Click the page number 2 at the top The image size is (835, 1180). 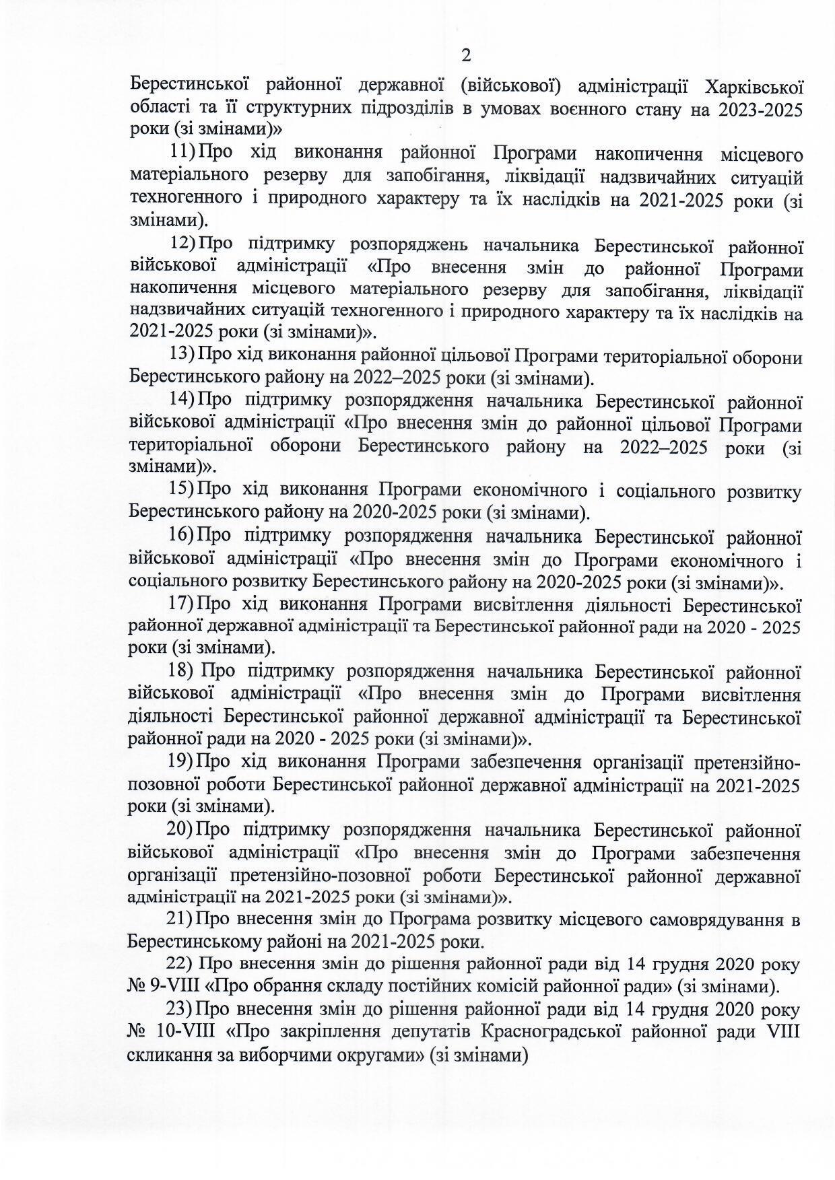tap(464, 55)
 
